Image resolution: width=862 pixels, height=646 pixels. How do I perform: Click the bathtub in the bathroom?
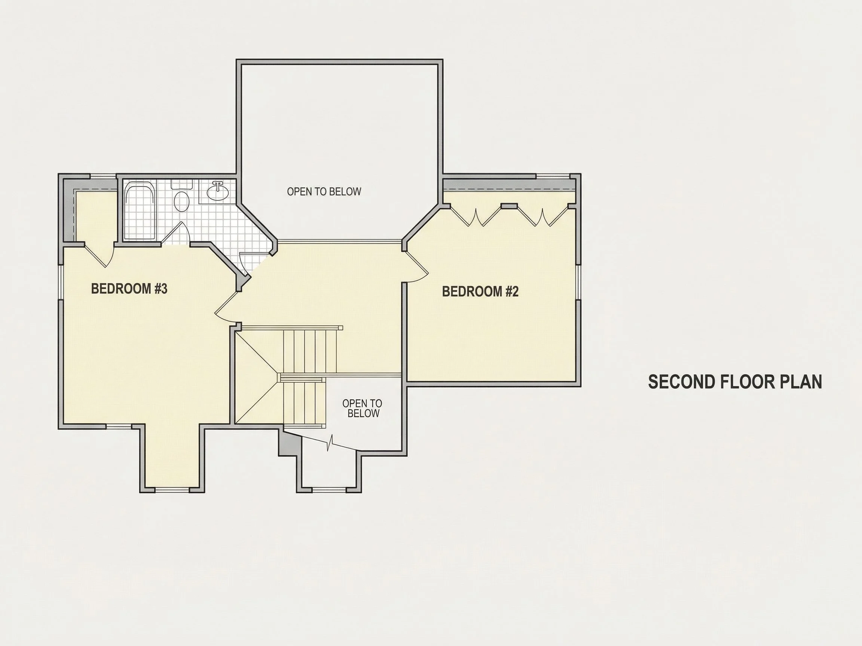click(139, 213)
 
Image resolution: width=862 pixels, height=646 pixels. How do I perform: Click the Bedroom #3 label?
click(129, 289)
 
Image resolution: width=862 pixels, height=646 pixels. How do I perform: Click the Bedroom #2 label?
click(480, 291)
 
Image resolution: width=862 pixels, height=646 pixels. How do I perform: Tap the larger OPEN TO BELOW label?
click(324, 191)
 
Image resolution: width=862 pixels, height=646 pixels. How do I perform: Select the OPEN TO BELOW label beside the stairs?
click(363, 408)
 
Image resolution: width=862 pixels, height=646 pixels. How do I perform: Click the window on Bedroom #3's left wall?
click(61, 282)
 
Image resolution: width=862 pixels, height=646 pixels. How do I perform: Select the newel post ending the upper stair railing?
click(340, 328)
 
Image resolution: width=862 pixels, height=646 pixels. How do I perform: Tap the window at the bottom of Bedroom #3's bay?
click(172, 490)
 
